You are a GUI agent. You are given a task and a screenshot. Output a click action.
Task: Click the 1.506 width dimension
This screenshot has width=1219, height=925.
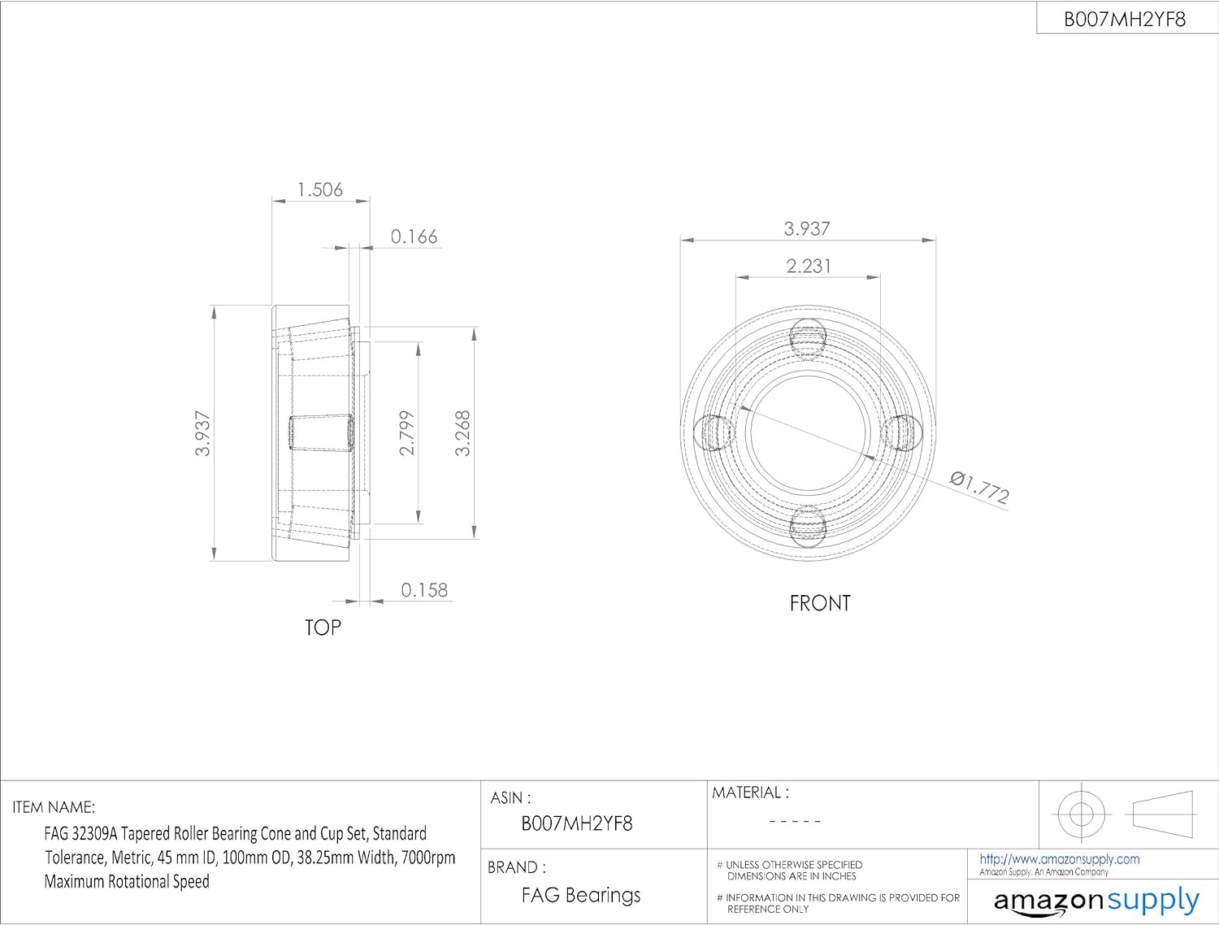click(x=320, y=190)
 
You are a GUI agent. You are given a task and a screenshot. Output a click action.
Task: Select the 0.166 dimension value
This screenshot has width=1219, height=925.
click(x=414, y=237)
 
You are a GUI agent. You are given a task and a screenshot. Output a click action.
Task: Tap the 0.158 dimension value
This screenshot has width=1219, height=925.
click(x=424, y=589)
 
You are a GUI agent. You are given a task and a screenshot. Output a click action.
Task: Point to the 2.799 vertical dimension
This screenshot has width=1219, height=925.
click(x=407, y=433)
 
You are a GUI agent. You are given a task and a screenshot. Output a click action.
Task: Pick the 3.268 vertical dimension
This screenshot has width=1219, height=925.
click(x=462, y=433)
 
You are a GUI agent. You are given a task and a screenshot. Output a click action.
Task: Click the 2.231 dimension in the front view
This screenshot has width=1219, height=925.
click(x=809, y=266)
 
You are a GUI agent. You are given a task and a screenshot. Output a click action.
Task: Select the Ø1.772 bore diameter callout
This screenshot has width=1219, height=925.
click(x=979, y=488)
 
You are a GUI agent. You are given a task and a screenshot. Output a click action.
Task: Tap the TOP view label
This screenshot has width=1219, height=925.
click(x=323, y=628)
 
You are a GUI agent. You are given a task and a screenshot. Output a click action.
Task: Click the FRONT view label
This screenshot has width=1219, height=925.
click(x=820, y=603)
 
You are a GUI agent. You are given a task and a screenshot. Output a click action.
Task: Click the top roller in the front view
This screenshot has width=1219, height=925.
click(x=808, y=339)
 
